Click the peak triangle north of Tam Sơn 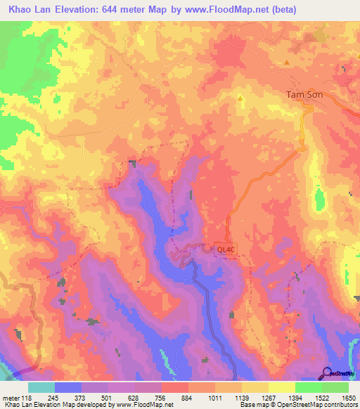[287, 63]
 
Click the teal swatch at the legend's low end [41, 387]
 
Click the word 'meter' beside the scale [10, 396]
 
